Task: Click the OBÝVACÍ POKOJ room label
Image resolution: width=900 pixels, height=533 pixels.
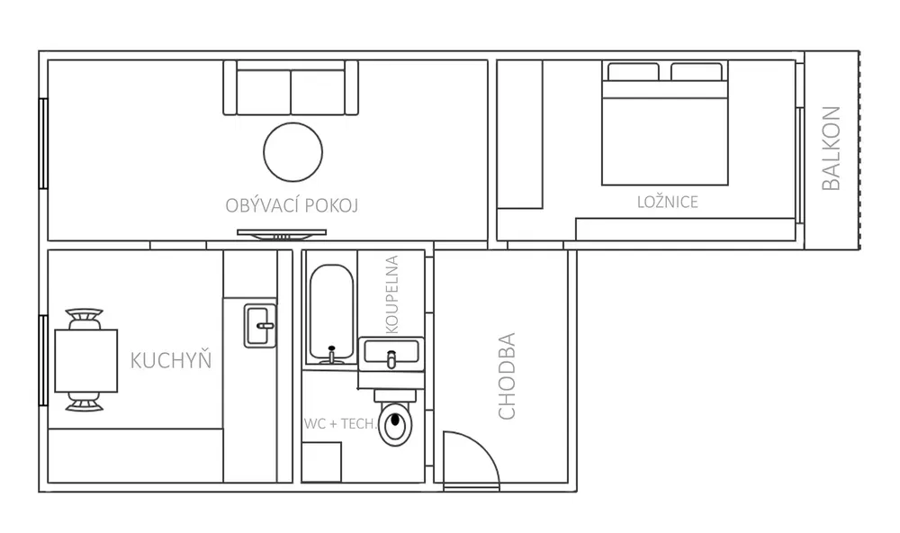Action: pyautogui.click(x=292, y=205)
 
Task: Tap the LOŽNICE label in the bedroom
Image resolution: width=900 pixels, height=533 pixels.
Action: pyautogui.click(x=668, y=202)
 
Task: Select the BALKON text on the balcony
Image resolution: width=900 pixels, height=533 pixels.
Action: pyautogui.click(x=831, y=149)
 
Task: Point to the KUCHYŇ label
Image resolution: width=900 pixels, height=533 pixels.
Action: pyautogui.click(x=171, y=359)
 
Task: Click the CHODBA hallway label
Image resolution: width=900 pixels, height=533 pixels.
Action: pyautogui.click(x=507, y=376)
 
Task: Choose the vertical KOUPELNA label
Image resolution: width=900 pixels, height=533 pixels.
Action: pyautogui.click(x=392, y=294)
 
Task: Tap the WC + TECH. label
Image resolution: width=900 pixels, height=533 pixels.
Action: pyautogui.click(x=341, y=424)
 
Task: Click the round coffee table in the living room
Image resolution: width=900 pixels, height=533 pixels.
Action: pyautogui.click(x=292, y=152)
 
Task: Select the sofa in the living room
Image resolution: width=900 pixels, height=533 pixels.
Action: pyautogui.click(x=291, y=88)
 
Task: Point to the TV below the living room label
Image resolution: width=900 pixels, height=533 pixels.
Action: pyautogui.click(x=282, y=234)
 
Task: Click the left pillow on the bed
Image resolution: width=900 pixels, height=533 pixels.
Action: pyautogui.click(x=633, y=72)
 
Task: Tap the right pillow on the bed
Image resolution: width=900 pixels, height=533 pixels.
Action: pyautogui.click(x=697, y=72)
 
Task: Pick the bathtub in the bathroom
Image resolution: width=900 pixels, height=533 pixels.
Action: pyautogui.click(x=331, y=314)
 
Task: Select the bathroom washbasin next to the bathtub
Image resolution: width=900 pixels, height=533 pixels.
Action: pyautogui.click(x=391, y=351)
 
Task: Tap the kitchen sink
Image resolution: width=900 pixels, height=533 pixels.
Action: pyautogui.click(x=261, y=326)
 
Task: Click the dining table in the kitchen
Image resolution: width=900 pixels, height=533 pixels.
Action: pyautogui.click(x=86, y=361)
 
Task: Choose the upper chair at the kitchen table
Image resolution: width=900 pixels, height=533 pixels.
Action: pyautogui.click(x=85, y=319)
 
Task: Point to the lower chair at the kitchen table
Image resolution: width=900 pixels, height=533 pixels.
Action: pyautogui.click(x=85, y=402)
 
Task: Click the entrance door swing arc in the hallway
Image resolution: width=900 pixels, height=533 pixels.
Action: pyautogui.click(x=483, y=447)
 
